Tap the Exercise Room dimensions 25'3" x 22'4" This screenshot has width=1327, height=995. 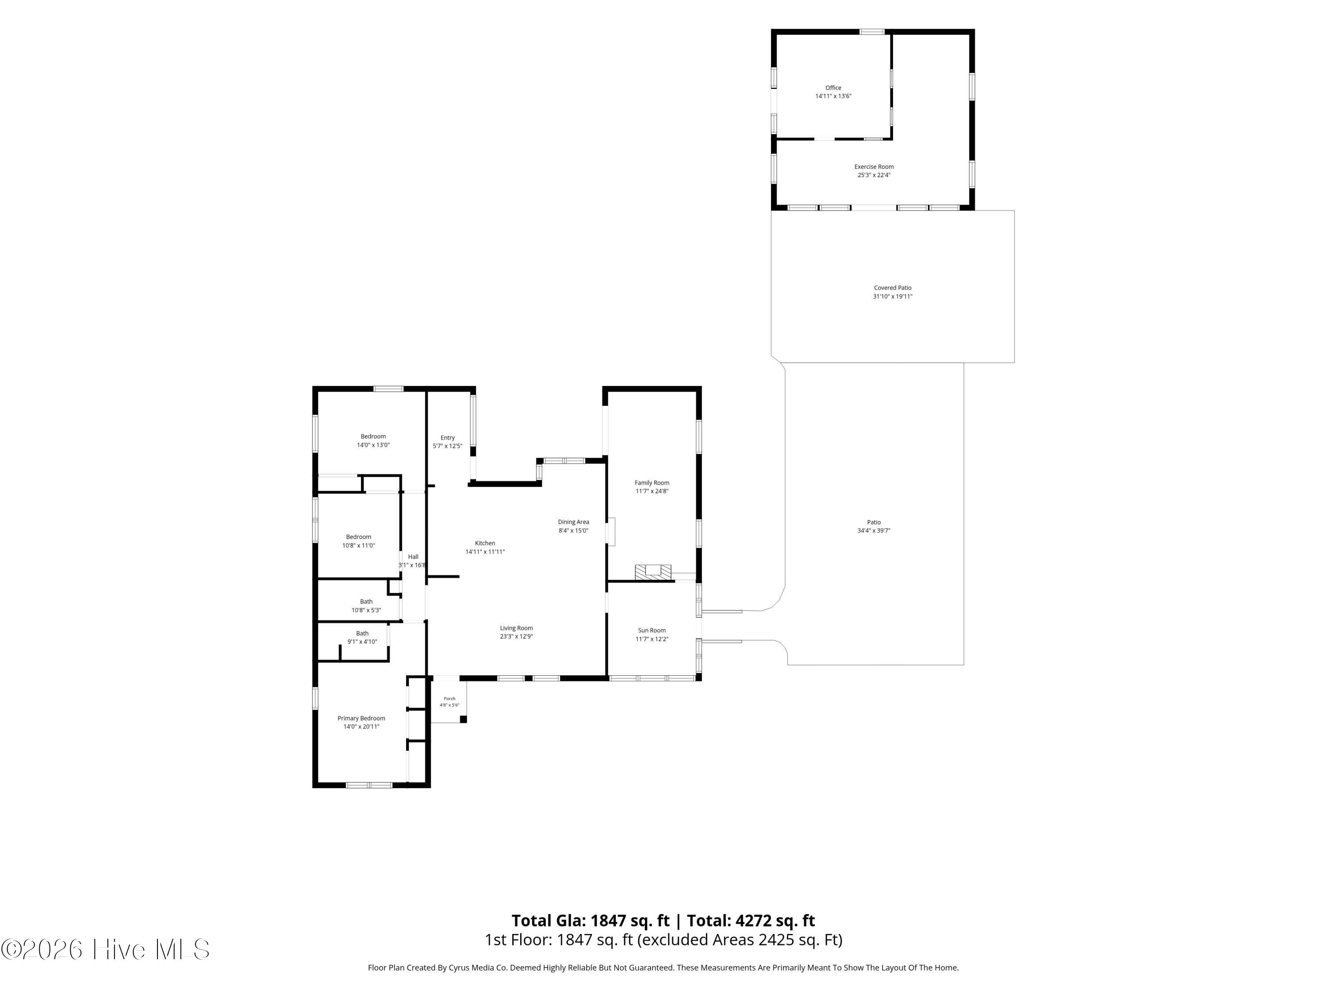[874, 175]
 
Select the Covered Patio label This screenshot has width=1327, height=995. [892, 288]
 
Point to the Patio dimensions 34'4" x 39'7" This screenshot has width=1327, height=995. [874, 531]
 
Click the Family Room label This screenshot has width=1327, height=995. [652, 483]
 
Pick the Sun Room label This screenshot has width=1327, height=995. [652, 630]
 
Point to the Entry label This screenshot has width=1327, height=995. [448, 438]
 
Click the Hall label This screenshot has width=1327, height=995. [413, 557]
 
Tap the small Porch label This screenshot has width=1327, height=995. [449, 699]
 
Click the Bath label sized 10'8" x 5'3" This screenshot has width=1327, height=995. [366, 601]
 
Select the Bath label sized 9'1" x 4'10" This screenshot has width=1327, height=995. [362, 633]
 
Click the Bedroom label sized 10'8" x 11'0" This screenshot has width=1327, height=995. [358, 537]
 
